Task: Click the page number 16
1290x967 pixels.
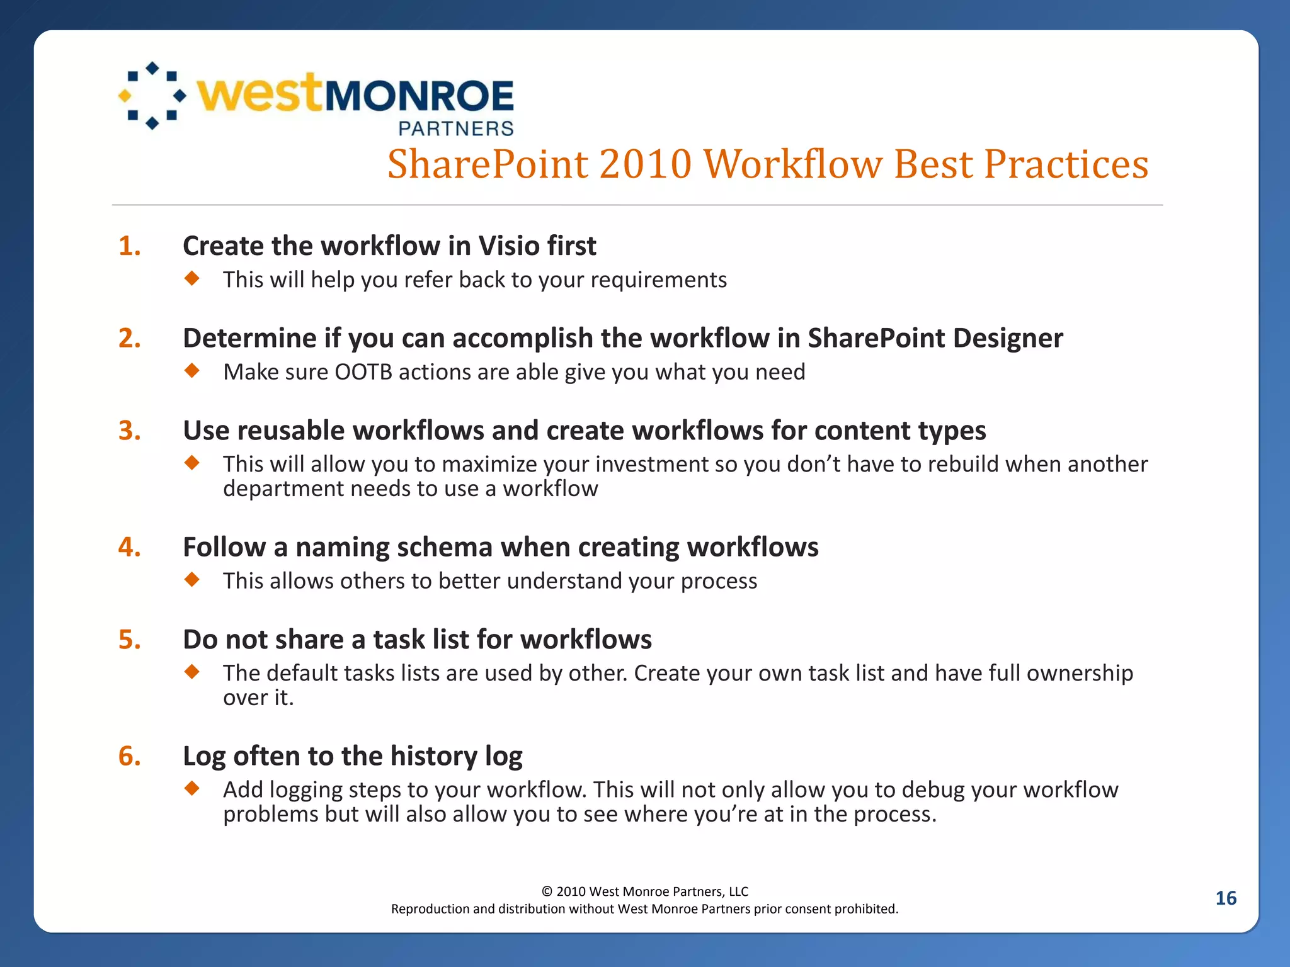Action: pos(1225,898)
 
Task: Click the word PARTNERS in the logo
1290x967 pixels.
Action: pos(456,128)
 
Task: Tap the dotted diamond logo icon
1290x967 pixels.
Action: pos(152,96)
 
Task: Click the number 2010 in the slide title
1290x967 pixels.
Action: pos(646,164)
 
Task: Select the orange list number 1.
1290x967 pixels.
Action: pos(129,246)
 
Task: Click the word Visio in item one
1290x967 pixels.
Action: pos(507,246)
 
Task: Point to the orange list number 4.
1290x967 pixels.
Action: pos(129,547)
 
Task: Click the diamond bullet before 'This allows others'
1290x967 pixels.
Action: pos(192,579)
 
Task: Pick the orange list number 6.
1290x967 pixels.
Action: pos(129,756)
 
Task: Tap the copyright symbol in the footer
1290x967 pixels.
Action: pos(547,891)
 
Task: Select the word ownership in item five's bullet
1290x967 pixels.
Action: pos(1080,673)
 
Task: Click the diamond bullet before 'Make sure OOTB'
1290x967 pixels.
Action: pos(192,370)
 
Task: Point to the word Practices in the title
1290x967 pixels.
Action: pos(1066,164)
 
